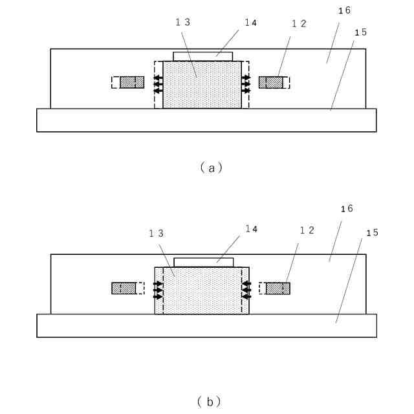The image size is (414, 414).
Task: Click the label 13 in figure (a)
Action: pos(183,22)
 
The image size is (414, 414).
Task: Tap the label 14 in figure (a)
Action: pos(250,22)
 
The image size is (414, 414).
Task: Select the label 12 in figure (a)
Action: pos(299,24)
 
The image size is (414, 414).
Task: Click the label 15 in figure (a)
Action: pos(361,32)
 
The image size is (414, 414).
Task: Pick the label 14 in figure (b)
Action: pos(250,228)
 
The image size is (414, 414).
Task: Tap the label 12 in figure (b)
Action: pos(307,231)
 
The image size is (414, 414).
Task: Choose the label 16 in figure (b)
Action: pos(347,209)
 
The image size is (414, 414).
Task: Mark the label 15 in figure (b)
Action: pos(372,232)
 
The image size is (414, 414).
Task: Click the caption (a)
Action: pos(210,168)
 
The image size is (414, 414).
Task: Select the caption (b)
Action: pos(209,402)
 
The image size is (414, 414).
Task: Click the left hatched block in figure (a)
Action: pos(131,82)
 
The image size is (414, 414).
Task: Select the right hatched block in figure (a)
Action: pos(271,82)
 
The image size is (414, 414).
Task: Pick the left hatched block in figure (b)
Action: pos(124,288)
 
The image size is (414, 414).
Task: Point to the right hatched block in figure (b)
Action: pos(278,288)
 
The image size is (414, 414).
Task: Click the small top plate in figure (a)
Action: pos(202,56)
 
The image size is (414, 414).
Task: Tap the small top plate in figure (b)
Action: pos(204,262)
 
